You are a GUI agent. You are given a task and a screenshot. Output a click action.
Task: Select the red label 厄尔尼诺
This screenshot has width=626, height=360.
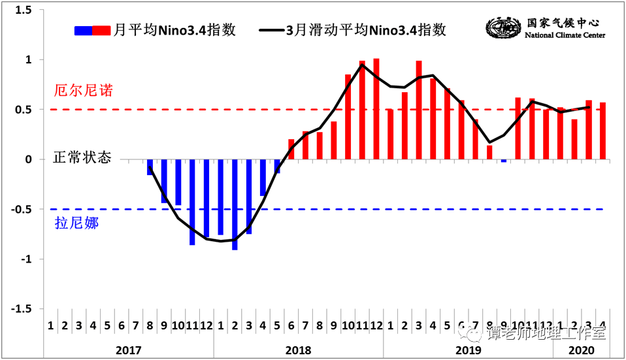point(84,91)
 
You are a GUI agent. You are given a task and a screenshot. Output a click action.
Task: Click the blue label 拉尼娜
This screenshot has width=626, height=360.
point(76,223)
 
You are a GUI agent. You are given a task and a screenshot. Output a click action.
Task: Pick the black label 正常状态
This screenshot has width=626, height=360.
point(82,158)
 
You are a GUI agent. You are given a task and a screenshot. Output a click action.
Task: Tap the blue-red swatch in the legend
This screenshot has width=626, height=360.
point(93,30)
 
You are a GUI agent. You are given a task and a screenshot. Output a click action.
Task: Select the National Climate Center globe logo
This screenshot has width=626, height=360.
point(503,28)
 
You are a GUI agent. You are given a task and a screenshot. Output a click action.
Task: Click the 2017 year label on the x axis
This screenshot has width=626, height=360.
point(129,350)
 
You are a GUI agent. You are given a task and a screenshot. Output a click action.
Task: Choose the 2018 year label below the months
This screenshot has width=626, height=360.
point(298,350)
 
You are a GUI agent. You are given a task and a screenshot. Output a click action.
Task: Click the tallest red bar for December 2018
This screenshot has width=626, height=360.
point(376,109)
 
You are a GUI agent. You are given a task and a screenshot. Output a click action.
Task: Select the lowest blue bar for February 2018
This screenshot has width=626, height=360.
point(235,204)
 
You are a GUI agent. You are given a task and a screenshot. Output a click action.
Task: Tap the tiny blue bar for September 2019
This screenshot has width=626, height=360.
point(504,161)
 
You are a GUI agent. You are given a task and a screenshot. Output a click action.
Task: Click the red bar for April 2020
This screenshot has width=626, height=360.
point(602,131)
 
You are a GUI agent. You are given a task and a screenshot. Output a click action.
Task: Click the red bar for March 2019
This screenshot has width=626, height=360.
point(419,110)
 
